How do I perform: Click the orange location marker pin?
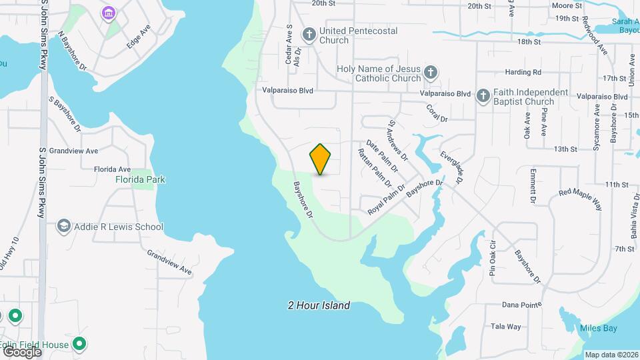(321, 159)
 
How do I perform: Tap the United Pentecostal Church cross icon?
(309, 34)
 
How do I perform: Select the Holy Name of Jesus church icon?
(431, 72)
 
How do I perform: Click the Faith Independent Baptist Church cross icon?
(483, 96)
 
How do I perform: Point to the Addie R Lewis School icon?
(64, 227)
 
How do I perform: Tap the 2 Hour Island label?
(319, 306)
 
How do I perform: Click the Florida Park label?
(140, 179)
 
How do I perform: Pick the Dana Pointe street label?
(522, 305)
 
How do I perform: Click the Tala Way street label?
(506, 327)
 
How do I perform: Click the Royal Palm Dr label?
(387, 199)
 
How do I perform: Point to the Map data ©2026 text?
(611, 355)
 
